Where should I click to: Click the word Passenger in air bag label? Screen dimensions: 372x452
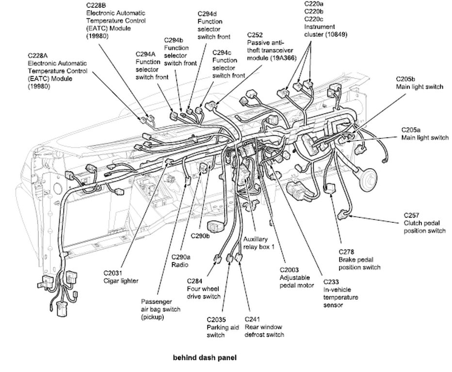click(156, 301)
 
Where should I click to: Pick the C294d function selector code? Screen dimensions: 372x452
click(208, 14)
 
